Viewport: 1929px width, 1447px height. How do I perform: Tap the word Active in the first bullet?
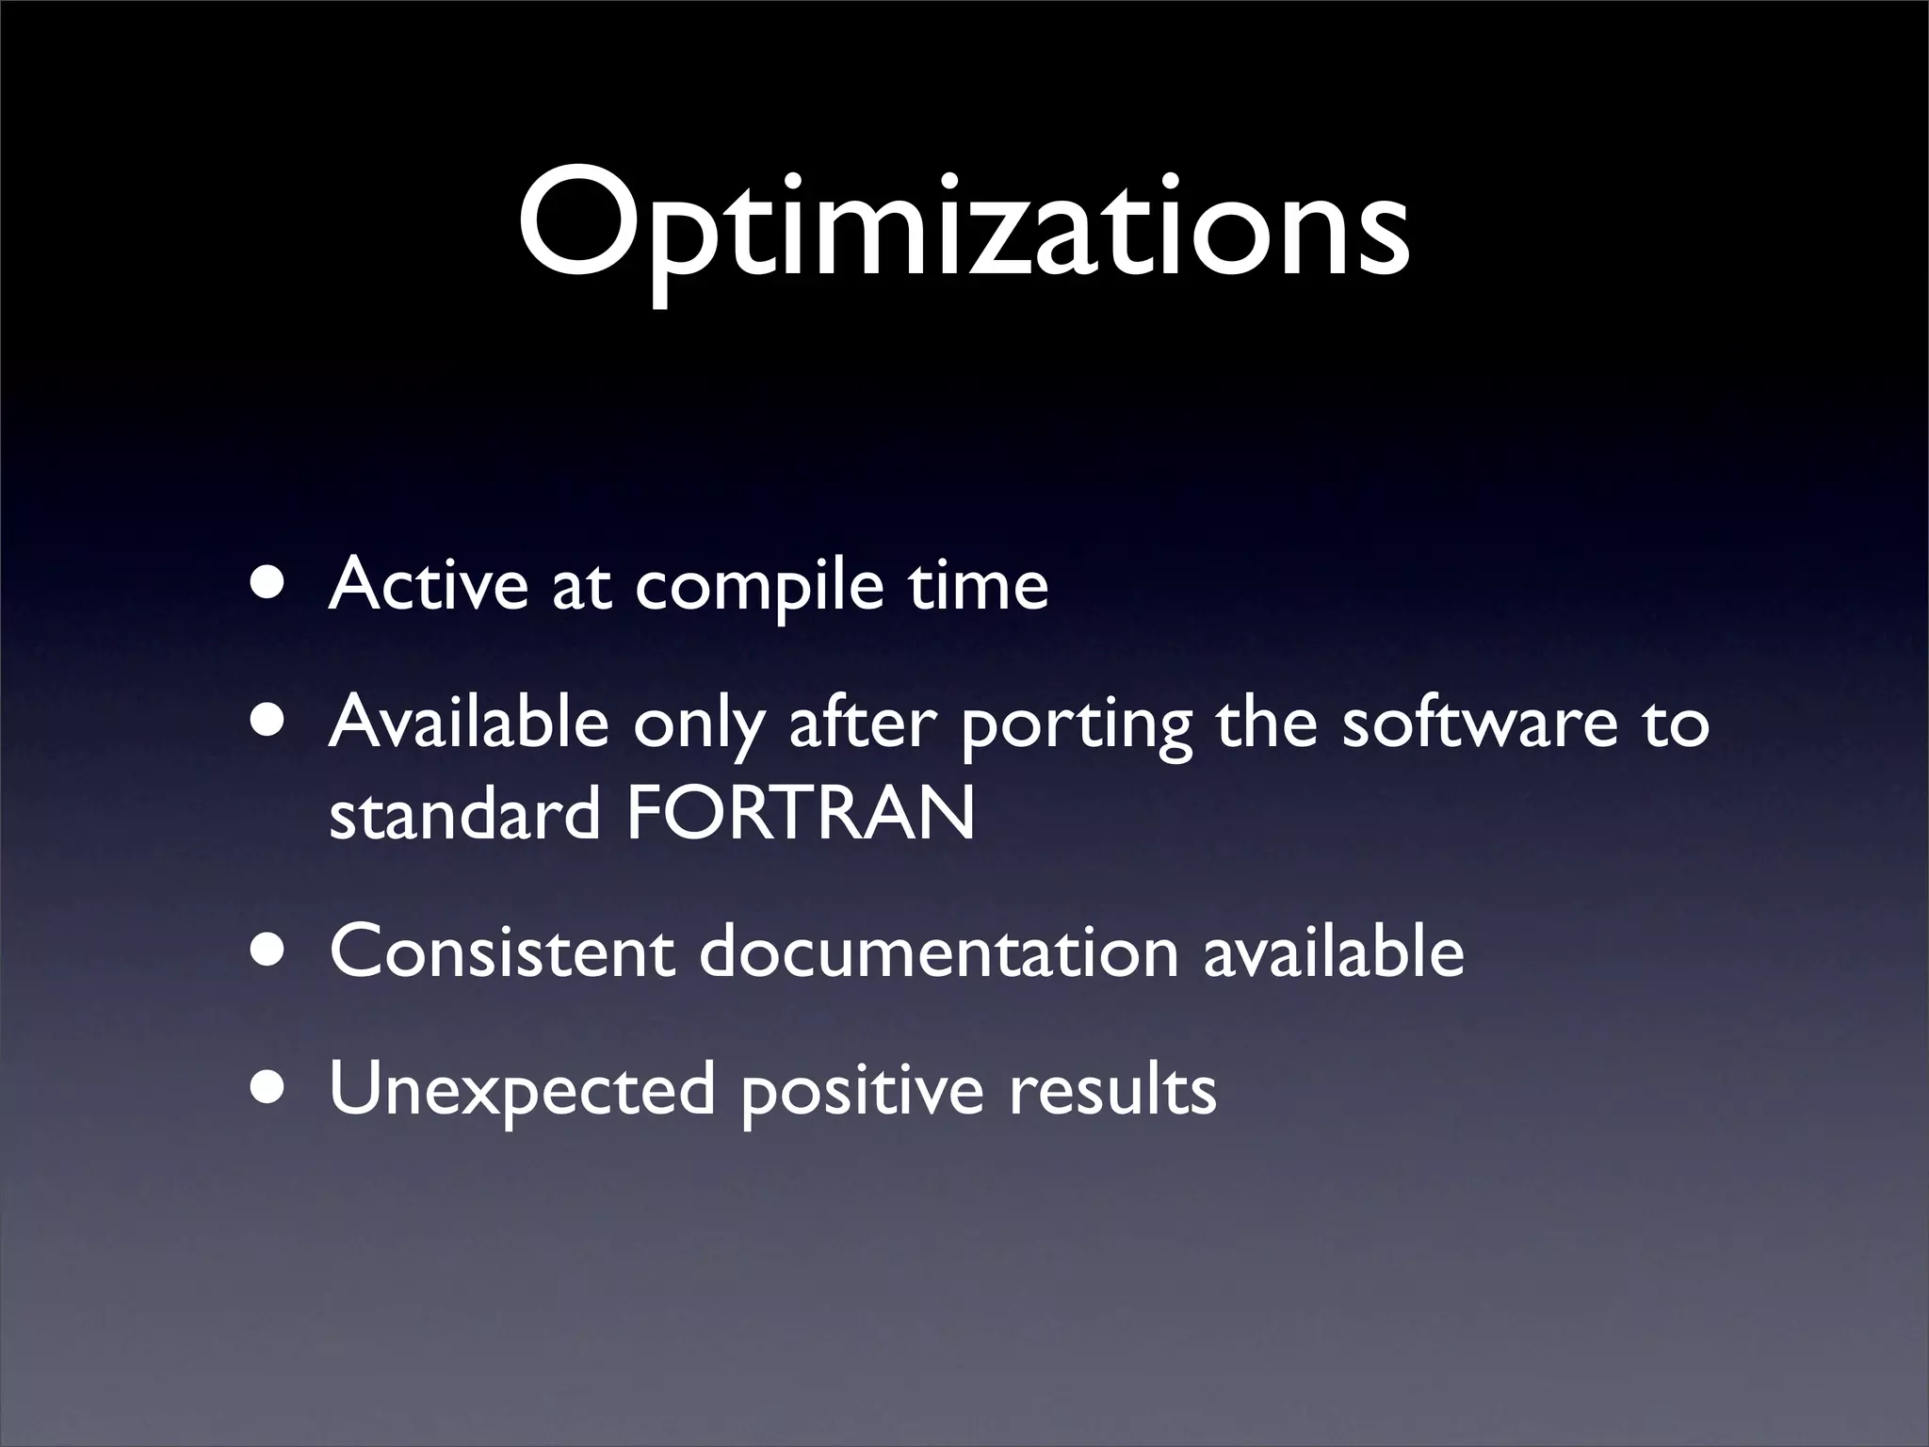pyautogui.click(x=429, y=584)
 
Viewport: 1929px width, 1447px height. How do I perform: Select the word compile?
pyautogui.click(x=759, y=586)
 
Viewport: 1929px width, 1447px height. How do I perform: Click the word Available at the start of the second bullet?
pyautogui.click(x=468, y=723)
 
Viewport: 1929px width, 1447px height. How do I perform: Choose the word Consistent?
pyautogui.click(x=502, y=951)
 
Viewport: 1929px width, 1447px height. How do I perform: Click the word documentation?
pyautogui.click(x=938, y=951)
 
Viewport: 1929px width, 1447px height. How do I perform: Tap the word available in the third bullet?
pyautogui.click(x=1333, y=951)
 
